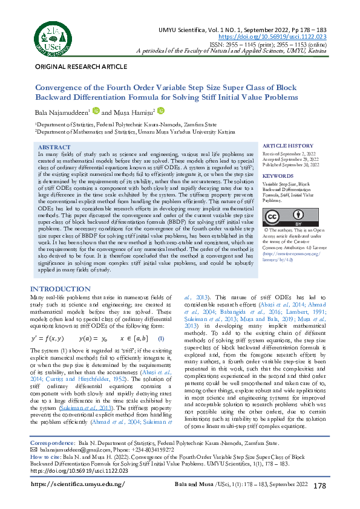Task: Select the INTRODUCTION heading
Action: point(61,289)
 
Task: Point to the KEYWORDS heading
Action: point(278,176)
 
